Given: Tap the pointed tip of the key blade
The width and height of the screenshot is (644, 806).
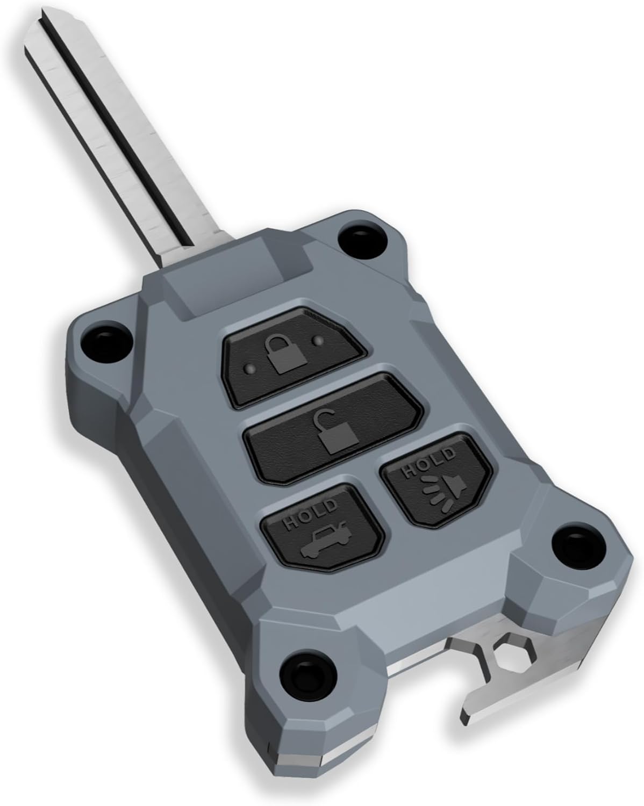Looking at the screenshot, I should coord(32,32).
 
